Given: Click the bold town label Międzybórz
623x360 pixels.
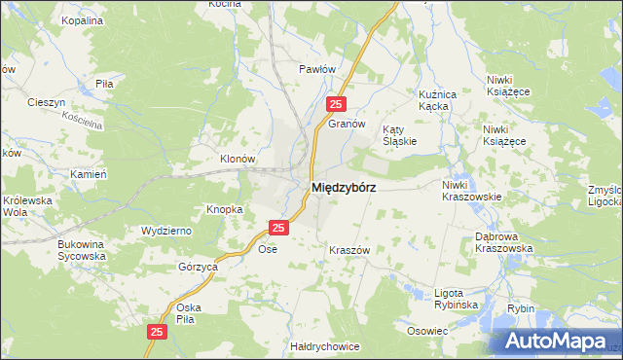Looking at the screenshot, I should coord(344,187).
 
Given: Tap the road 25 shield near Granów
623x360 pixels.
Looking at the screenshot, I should coord(335,105).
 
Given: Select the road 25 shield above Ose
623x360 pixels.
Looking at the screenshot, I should coord(278,228).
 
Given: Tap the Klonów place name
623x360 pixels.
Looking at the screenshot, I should coord(237,159).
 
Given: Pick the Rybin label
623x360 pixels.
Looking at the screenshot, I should coord(521,308).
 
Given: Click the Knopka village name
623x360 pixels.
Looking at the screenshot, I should coord(224,209).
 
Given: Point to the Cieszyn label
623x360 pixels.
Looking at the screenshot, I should coord(46,102).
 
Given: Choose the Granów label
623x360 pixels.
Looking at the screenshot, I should coord(346,124).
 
